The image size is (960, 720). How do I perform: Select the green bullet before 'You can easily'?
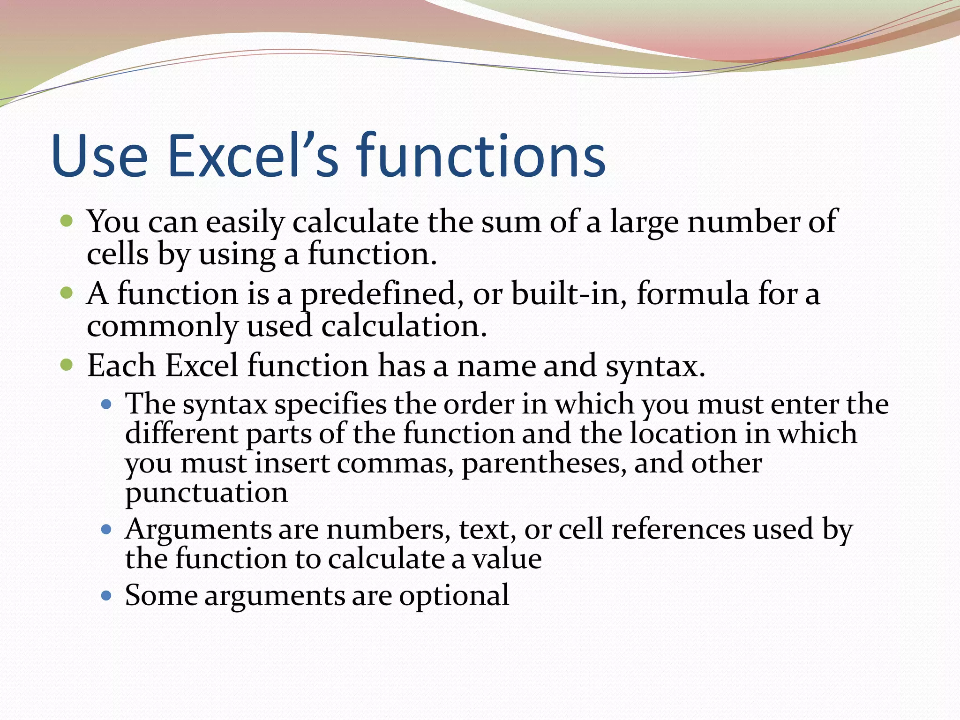[67, 220]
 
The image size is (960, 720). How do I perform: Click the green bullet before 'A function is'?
[67, 293]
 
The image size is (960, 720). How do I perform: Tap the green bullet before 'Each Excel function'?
[67, 365]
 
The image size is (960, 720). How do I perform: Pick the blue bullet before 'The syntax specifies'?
[107, 404]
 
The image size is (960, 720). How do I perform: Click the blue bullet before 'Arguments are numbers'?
[107, 530]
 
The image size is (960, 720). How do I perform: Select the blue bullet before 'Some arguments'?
[107, 596]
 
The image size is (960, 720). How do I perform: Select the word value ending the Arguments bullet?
[507, 559]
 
